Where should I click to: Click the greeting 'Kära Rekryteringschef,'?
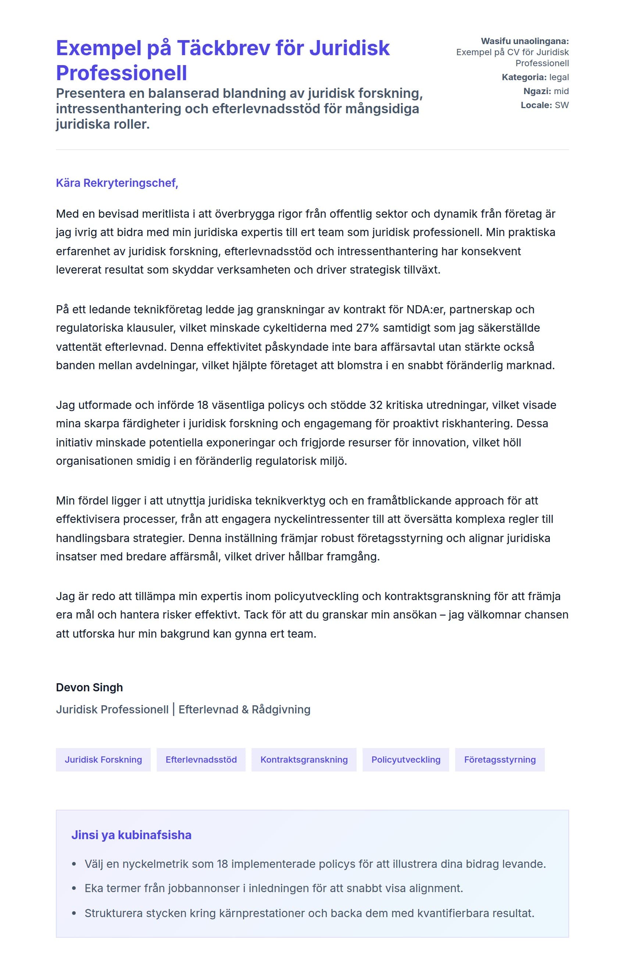[x=117, y=183]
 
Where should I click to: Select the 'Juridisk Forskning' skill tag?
[x=103, y=759]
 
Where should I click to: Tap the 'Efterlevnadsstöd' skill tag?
[x=201, y=759]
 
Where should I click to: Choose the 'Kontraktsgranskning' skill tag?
[x=304, y=759]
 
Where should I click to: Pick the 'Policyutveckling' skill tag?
[x=406, y=759]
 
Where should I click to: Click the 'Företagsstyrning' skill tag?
[x=500, y=759]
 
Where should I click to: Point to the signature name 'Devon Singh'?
[x=89, y=687]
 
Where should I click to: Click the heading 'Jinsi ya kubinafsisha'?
[x=131, y=835]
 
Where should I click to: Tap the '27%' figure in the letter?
[x=367, y=328]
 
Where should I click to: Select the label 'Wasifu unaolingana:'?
[x=524, y=41]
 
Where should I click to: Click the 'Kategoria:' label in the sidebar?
[x=524, y=77]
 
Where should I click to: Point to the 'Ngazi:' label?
[x=537, y=91]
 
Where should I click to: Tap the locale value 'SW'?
[x=562, y=105]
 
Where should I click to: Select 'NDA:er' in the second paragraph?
[x=426, y=309]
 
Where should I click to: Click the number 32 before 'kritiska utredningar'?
[x=376, y=405]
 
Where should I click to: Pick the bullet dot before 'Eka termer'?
[x=74, y=888]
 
